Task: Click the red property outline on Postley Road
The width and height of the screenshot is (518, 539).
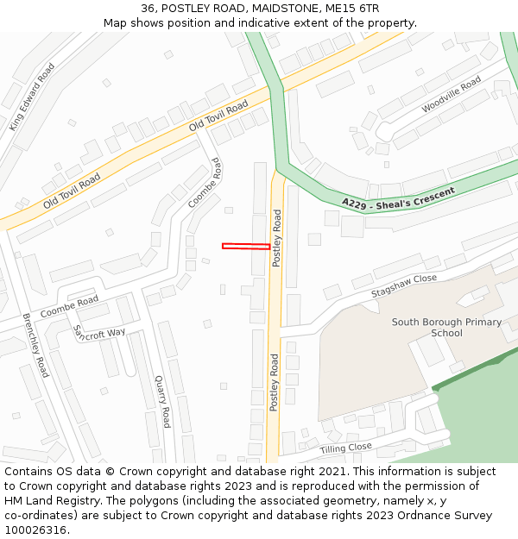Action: (246, 246)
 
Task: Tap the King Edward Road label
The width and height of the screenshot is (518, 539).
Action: (32, 97)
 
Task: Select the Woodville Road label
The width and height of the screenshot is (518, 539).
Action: (451, 95)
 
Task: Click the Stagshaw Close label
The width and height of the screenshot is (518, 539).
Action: (404, 286)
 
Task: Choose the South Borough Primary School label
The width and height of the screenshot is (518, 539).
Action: (446, 328)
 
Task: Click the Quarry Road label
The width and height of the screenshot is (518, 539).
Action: (162, 401)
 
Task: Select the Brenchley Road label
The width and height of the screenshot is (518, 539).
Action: (36, 345)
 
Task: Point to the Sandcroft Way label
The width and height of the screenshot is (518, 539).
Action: (98, 332)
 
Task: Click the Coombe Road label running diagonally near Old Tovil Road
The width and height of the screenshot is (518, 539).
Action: (205, 183)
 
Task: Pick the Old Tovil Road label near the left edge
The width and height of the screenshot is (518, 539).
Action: (72, 190)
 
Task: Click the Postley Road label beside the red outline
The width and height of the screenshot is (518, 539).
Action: (277, 237)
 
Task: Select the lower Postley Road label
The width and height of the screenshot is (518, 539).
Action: (274, 382)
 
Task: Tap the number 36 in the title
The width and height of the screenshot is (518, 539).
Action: (148, 8)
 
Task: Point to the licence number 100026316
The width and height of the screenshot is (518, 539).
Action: (35, 530)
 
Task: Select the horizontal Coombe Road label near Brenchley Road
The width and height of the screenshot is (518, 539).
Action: (69, 307)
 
